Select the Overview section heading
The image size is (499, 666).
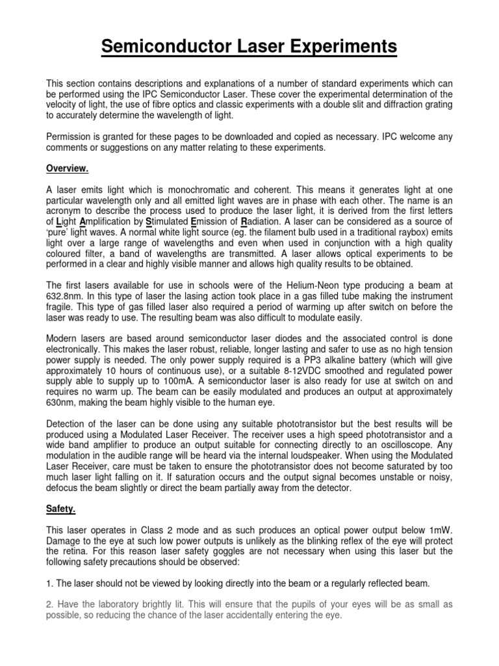point(67,168)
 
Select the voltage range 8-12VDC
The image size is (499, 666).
point(321,370)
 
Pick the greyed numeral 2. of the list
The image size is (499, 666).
point(49,604)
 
